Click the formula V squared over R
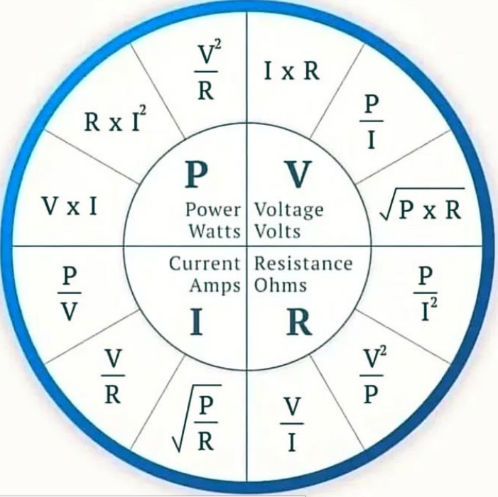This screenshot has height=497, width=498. pyautogui.click(x=206, y=75)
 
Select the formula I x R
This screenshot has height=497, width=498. pyautogui.click(x=291, y=72)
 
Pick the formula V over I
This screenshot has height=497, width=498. pyautogui.click(x=291, y=424)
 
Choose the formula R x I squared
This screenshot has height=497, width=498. pyautogui.click(x=116, y=121)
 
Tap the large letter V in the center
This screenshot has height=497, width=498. pyautogui.click(x=298, y=174)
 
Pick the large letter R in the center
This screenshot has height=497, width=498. pyautogui.click(x=299, y=323)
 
